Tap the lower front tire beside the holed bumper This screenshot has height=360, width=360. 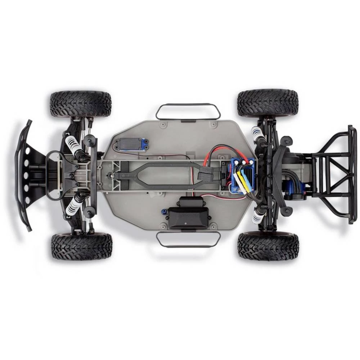point(81,246)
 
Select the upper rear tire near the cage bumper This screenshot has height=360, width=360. point(268,103)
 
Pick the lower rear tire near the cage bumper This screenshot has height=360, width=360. point(268,247)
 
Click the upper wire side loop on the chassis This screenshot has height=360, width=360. point(188,111)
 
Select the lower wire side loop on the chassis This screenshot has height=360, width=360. point(188,239)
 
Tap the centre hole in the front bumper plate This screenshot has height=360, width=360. point(26,176)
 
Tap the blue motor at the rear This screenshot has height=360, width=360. point(294,195)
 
